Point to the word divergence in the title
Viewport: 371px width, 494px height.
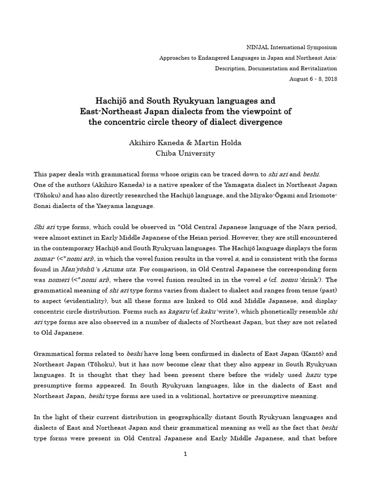259,122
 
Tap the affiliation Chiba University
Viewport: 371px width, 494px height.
185,153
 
